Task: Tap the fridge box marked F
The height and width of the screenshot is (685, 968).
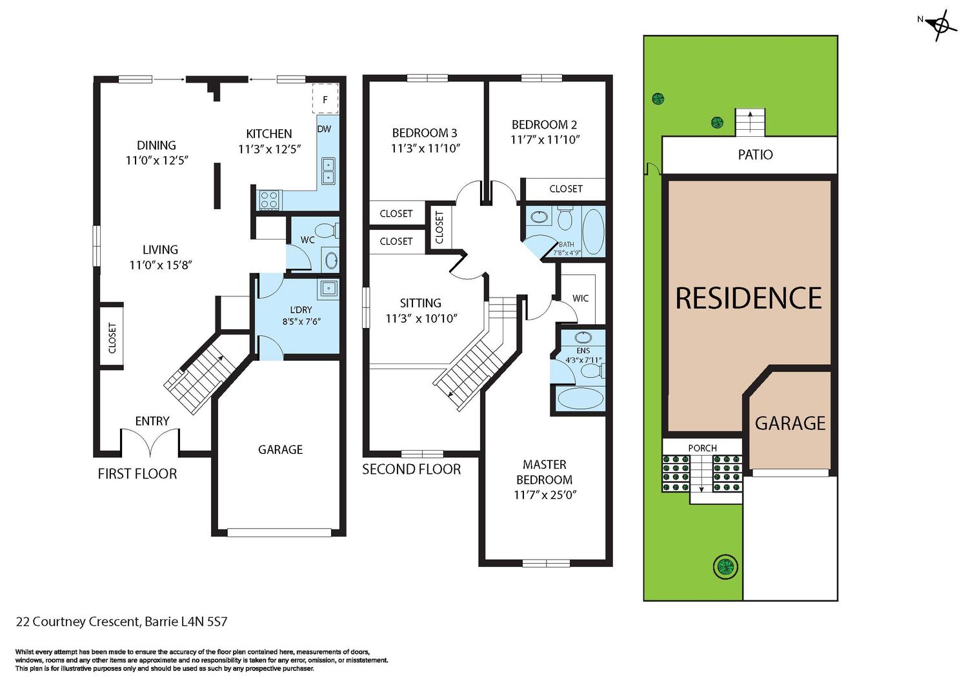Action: click(325, 99)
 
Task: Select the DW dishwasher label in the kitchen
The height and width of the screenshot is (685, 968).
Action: click(324, 129)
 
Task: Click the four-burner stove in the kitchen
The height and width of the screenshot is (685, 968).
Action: click(269, 200)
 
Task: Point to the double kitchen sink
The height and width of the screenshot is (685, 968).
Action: click(328, 171)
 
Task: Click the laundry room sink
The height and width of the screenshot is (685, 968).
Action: click(328, 288)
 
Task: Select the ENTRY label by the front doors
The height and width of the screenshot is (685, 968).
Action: click(152, 421)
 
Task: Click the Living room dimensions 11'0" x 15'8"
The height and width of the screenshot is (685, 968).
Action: click(161, 265)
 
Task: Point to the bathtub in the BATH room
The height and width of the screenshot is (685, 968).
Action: click(593, 232)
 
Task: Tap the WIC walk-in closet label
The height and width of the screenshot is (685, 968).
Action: click(580, 298)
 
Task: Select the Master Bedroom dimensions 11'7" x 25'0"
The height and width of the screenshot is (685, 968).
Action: click(545, 495)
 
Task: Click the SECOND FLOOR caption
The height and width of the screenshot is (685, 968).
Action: click(412, 469)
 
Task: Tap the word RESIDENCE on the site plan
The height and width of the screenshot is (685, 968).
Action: click(749, 298)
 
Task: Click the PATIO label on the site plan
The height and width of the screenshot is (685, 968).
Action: click(756, 155)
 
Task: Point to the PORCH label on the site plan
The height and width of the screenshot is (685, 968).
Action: click(703, 448)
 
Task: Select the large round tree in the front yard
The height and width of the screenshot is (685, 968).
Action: click(726, 566)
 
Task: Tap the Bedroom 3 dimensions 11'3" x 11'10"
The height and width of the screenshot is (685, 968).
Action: click(426, 148)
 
